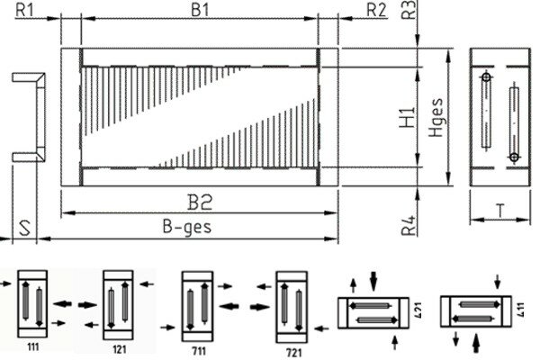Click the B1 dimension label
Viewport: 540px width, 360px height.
[200, 10]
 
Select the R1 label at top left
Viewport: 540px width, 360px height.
[25, 10]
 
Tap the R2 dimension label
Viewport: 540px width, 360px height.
[376, 10]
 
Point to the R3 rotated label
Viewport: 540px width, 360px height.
[409, 10]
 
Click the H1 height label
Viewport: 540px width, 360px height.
[407, 118]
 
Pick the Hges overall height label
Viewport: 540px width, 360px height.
[436, 118]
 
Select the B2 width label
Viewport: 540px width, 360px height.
[200, 202]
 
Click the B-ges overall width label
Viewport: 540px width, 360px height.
[187, 228]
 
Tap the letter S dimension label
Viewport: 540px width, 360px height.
[24, 228]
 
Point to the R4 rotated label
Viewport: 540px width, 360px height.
[409, 226]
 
